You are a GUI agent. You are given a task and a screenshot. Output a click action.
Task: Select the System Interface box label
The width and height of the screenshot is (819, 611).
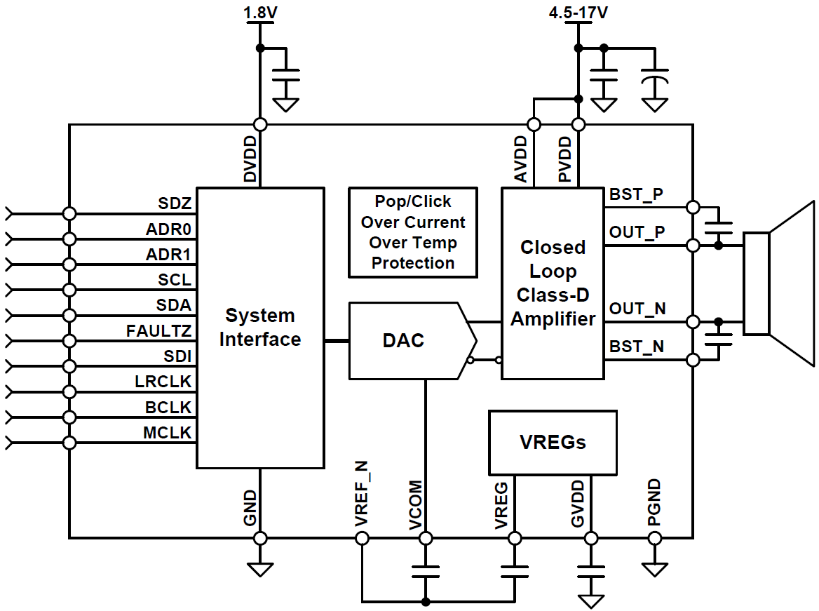tap(260, 328)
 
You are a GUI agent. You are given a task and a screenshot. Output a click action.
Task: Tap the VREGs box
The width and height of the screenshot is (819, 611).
tap(553, 443)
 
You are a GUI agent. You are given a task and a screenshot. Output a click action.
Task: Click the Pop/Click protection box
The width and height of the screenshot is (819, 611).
tap(413, 232)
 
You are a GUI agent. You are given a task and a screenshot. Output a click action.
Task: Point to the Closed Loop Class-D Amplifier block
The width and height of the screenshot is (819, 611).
tap(553, 283)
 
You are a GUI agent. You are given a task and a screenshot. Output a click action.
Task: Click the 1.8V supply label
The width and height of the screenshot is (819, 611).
tap(259, 13)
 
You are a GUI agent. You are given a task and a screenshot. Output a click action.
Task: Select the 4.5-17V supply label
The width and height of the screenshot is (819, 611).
tap(578, 13)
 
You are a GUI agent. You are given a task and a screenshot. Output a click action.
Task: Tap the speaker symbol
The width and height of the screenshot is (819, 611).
tap(778, 283)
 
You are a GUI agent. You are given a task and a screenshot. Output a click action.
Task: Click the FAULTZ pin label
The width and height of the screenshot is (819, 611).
tap(159, 330)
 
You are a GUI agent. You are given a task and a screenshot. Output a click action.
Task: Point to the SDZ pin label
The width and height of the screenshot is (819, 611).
tap(175, 203)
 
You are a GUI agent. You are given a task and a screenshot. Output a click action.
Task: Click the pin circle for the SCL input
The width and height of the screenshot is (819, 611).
tap(69, 290)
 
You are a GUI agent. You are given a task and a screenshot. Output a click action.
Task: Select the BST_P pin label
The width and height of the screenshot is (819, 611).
tap(636, 195)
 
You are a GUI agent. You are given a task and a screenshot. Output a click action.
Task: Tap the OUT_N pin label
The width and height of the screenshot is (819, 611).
tap(637, 309)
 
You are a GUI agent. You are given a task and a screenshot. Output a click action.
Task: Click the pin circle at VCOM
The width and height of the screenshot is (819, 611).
tap(425, 538)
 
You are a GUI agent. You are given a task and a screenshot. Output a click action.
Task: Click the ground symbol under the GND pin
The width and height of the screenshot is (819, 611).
tap(260, 568)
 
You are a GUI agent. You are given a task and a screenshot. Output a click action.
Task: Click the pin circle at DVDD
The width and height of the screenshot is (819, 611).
tap(260, 125)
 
